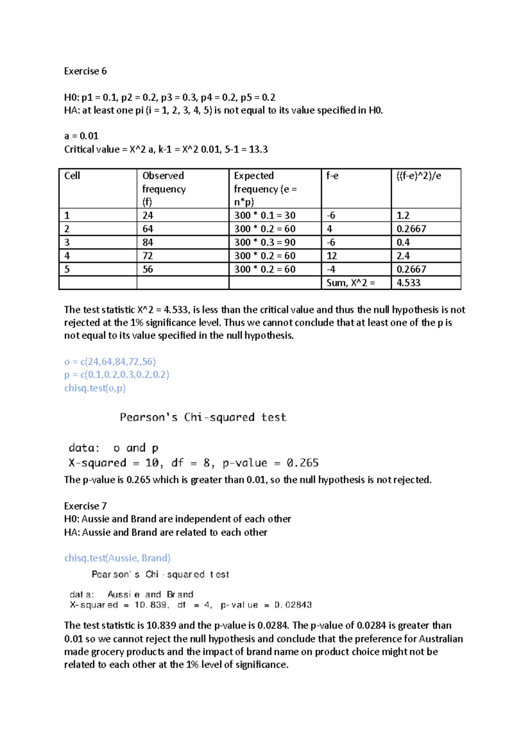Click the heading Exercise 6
[x=85, y=71]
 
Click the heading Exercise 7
[x=85, y=506]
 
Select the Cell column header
[x=72, y=176]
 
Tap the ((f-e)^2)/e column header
[x=419, y=176]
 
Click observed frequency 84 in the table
[x=148, y=242]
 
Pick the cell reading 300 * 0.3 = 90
[x=265, y=242]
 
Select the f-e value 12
[x=331, y=256]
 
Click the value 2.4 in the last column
[x=403, y=256]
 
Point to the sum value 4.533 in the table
[x=408, y=283]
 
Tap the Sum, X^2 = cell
[x=351, y=283]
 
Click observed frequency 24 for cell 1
[x=148, y=216]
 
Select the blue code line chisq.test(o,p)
[x=95, y=388]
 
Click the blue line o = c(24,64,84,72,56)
[x=110, y=361]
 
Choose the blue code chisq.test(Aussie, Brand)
[x=117, y=558]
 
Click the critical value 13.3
[x=258, y=149]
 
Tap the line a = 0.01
[x=81, y=136]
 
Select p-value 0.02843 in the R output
[x=293, y=605]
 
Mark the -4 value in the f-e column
[x=331, y=269]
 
